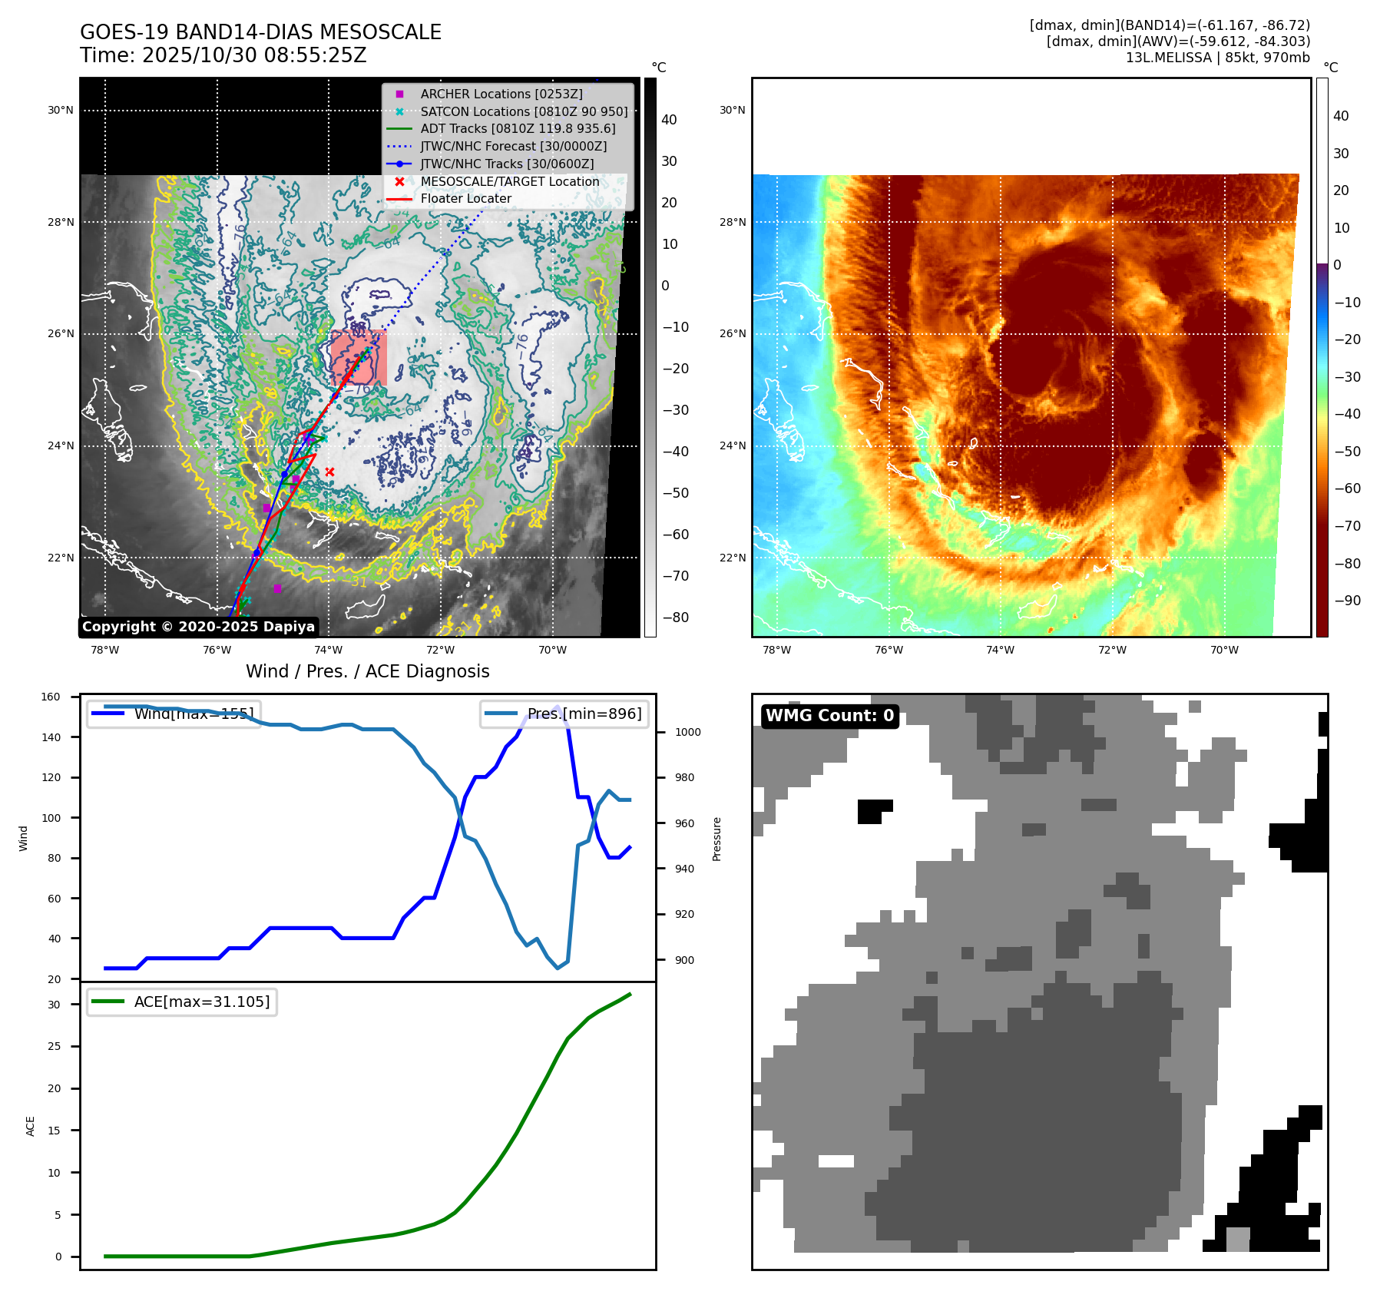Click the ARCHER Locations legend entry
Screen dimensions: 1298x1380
click(501, 94)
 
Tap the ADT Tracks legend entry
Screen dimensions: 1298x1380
click(518, 128)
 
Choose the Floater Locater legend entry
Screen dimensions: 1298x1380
click(465, 198)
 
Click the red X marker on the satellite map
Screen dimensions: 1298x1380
click(329, 472)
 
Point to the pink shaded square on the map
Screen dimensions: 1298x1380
click(359, 358)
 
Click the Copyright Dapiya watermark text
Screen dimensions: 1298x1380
click(198, 627)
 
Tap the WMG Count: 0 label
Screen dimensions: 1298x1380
click(829, 716)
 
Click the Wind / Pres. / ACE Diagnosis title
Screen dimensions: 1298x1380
click(367, 671)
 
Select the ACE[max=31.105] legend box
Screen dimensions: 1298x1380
click(182, 1002)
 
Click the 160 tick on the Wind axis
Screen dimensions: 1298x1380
click(51, 697)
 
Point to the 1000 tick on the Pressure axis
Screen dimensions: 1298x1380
click(687, 732)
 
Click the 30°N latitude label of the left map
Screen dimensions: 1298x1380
click(61, 110)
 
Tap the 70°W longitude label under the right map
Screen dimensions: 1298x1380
click(1223, 650)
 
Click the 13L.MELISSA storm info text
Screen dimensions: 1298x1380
click(1217, 58)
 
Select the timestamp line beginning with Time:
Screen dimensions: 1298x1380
click(223, 55)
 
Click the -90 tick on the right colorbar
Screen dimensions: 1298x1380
click(1347, 601)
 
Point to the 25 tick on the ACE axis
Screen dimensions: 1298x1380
click(54, 1046)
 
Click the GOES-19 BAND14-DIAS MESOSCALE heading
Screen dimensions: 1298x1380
click(260, 32)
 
